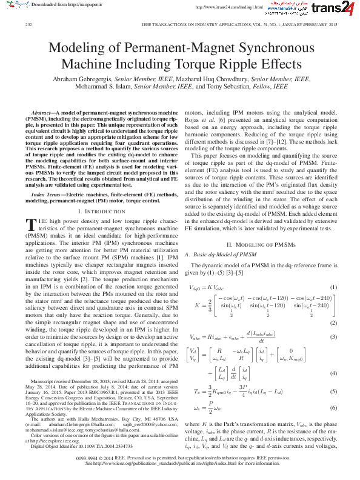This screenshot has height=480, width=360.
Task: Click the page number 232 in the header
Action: pyautogui.click(x=28, y=25)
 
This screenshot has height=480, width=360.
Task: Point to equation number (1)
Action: pyautogui.click(x=333, y=269)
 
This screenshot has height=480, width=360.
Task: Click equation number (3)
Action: pyautogui.click(x=333, y=336)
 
